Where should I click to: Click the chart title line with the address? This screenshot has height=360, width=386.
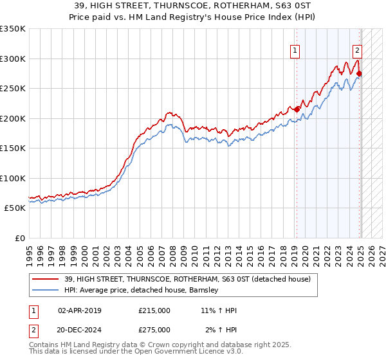pyautogui.click(x=193, y=5)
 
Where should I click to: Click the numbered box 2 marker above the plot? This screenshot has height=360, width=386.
pyautogui.click(x=357, y=50)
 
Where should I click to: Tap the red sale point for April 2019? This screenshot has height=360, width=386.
pyautogui.click(x=297, y=110)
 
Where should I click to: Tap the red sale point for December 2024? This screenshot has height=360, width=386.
pyautogui.click(x=359, y=74)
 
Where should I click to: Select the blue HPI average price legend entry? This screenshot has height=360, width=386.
pyautogui.click(x=142, y=290)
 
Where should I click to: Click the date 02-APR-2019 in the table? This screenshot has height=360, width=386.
pyautogui.click(x=79, y=310)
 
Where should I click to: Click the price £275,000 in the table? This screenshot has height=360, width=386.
pyautogui.click(x=154, y=329)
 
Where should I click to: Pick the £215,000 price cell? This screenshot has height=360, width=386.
pyautogui.click(x=154, y=310)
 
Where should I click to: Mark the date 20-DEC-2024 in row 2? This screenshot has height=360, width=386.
pyautogui.click(x=79, y=329)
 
